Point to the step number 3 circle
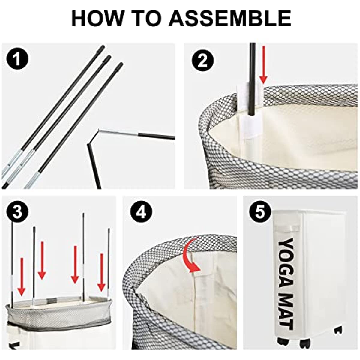click(x=17, y=212)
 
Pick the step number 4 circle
click(x=141, y=212)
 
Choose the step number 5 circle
click(x=260, y=212)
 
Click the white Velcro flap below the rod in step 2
click(x=250, y=126)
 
